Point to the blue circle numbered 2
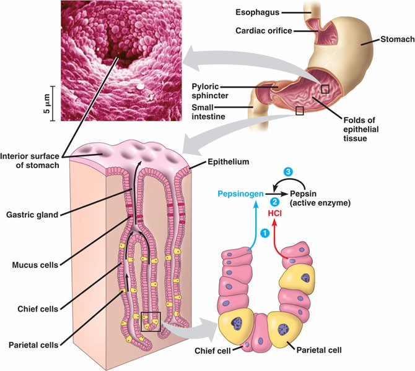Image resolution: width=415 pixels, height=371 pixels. click(x=274, y=202)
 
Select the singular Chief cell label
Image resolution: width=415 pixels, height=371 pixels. click(x=207, y=352)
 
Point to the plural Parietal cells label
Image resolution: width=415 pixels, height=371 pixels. click(x=30, y=344)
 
